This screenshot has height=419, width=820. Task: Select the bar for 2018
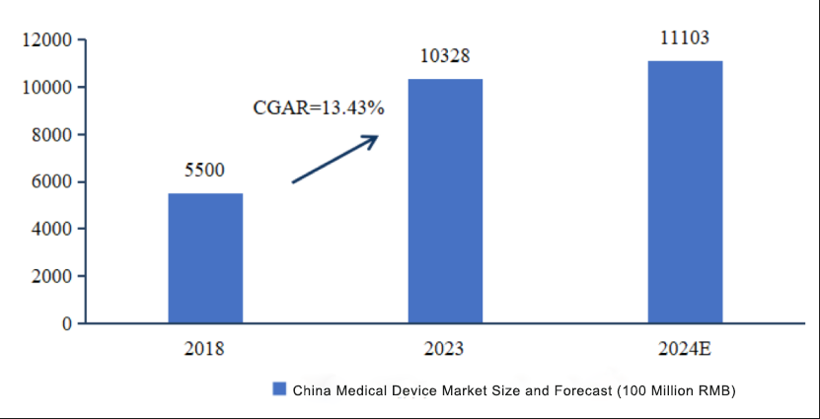coord(205,257)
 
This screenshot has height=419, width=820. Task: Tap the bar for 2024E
coord(685,191)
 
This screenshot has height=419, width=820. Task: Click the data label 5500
coord(205,171)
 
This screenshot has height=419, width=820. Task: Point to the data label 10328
coord(445,57)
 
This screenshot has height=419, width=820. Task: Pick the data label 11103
coord(685,38)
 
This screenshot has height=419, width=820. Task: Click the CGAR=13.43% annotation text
coord(319,107)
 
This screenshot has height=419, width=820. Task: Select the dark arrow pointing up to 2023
coord(335,159)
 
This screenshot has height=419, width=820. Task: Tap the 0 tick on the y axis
coord(67,323)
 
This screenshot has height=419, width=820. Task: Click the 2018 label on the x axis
coord(204,349)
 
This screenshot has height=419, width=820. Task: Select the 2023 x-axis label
coord(444,349)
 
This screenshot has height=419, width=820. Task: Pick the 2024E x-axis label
coord(684,349)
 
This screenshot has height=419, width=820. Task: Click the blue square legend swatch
coord(279,389)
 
